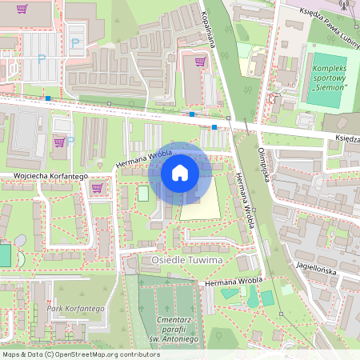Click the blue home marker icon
point(180,173)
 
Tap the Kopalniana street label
point(210,27)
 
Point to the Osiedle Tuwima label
point(186,260)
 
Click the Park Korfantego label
point(76,308)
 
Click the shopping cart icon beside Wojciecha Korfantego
point(97,188)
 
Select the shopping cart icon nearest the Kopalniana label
point(200,61)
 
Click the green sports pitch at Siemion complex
point(327,76)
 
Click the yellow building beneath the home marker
point(200,206)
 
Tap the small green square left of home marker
point(143,193)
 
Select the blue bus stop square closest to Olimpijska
point(214,127)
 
